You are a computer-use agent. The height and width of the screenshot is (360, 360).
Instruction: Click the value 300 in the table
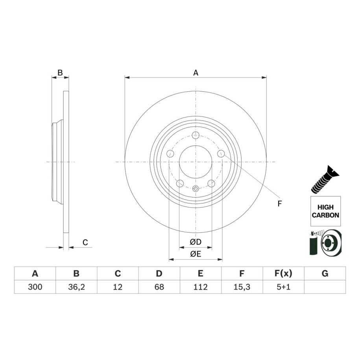[35, 287]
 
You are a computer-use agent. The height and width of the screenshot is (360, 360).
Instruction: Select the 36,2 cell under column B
[76, 287]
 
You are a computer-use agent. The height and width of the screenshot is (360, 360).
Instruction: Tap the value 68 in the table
[159, 287]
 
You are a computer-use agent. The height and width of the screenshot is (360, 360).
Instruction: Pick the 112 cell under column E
[200, 287]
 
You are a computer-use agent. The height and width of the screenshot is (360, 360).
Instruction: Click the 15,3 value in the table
[242, 287]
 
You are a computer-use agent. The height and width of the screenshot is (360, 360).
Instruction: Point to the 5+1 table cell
[283, 287]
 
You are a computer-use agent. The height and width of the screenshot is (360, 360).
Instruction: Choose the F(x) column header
[283, 273]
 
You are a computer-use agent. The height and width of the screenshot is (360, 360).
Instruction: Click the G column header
[325, 273]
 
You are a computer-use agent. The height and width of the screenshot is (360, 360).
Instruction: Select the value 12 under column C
[118, 287]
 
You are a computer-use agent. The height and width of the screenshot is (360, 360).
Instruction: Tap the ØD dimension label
[196, 242]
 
